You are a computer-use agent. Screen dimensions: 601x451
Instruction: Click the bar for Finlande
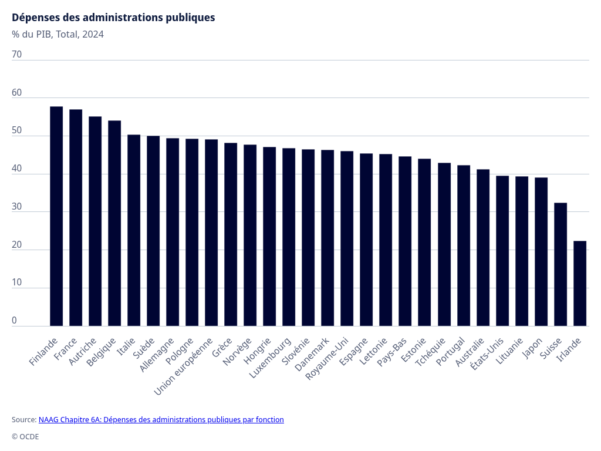tap(56, 216)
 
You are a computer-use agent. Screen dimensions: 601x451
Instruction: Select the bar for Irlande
tap(580, 284)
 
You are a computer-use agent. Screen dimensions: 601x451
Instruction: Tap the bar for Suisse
tap(561, 265)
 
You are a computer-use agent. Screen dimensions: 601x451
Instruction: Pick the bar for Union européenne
tap(211, 233)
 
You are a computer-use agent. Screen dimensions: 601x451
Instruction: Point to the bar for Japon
tap(541, 252)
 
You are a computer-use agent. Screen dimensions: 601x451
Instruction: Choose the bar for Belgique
tap(114, 224)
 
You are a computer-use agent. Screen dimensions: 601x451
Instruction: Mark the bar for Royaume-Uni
tap(347, 238)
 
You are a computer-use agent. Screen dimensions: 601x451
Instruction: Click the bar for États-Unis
tap(502, 251)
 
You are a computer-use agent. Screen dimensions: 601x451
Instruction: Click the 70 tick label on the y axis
tap(17, 55)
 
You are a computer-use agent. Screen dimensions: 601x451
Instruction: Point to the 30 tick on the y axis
tap(17, 207)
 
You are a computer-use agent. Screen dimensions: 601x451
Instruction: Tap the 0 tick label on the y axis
tap(14, 321)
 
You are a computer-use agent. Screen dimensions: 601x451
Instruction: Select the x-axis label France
tap(66, 349)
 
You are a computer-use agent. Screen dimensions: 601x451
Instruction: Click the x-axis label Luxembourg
tap(271, 358)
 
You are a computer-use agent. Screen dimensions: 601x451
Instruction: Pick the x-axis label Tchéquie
tap(430, 352)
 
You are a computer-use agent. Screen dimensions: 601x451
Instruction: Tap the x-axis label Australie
tap(470, 352)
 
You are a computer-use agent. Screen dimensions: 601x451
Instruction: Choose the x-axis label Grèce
tap(222, 348)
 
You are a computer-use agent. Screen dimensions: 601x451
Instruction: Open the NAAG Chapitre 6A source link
tap(161, 419)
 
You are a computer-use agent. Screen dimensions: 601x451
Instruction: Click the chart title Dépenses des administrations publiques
tap(113, 18)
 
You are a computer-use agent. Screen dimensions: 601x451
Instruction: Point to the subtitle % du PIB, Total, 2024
tap(58, 35)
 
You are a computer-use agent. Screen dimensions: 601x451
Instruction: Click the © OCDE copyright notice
tap(25, 437)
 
